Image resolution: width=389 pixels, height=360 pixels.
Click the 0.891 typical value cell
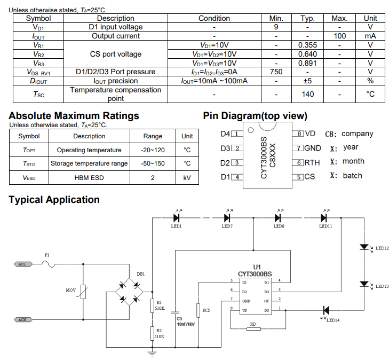(x=308, y=63)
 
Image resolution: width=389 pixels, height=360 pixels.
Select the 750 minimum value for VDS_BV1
(x=276, y=72)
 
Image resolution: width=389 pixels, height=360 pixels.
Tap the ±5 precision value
(x=308, y=81)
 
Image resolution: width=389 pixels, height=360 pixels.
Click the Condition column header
(x=214, y=18)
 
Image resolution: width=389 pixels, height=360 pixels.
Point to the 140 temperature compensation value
(x=308, y=94)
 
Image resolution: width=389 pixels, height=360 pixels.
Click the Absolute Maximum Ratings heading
(x=74, y=116)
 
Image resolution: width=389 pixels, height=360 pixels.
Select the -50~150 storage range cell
(x=153, y=163)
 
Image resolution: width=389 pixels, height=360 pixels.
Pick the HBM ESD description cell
(x=89, y=177)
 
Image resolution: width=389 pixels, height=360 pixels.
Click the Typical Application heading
(x=54, y=200)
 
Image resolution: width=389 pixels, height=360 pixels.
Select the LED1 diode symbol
(x=177, y=217)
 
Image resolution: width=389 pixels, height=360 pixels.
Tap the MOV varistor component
(x=83, y=291)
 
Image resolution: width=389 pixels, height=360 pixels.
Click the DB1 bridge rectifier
(x=131, y=291)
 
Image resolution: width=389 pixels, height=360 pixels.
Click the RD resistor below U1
(x=253, y=329)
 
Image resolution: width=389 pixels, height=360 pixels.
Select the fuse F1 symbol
(x=47, y=263)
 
